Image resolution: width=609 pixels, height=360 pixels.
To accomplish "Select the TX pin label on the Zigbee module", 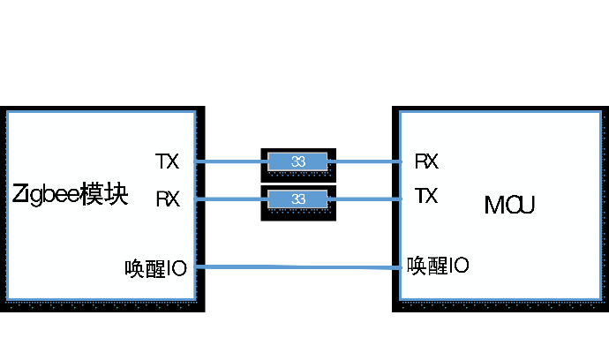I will coord(167,161).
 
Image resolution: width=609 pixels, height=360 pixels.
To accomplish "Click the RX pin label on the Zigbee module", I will coord(168,199).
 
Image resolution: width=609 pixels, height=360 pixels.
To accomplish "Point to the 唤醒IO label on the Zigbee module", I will coord(156,267).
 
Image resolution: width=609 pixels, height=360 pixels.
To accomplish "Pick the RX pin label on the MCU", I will coord(426,161).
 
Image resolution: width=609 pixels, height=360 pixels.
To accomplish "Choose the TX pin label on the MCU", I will coord(426,196).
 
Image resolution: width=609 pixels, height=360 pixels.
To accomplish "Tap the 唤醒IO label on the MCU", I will coord(438,265).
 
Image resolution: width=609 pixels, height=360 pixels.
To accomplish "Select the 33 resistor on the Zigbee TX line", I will coord(297,161).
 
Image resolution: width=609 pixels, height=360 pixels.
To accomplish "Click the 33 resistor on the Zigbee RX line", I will coord(297,199).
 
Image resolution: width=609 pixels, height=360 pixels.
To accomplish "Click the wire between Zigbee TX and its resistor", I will coord(231,161).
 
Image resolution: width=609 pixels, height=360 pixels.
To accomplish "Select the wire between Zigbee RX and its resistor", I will coord(231,199).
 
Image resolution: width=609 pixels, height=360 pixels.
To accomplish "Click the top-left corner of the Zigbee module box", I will coord(7,112).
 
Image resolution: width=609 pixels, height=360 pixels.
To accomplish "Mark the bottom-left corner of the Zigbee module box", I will coord(7,300).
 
